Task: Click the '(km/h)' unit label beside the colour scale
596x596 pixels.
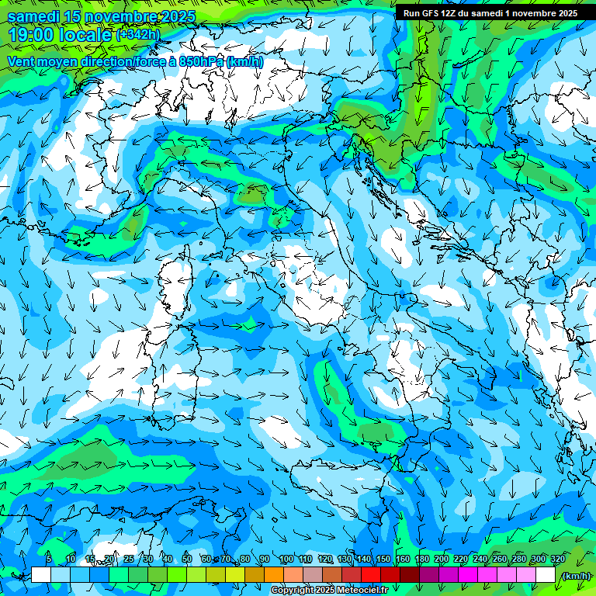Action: [x=575, y=575]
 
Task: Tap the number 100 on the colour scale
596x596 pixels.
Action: [x=286, y=559]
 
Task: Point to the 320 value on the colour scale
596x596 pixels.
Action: [x=558, y=559]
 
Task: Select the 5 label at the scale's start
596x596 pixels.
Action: [x=49, y=559]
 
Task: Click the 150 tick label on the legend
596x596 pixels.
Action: [x=383, y=559]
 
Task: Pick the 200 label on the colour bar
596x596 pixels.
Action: [x=442, y=559]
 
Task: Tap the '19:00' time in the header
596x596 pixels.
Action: [x=31, y=35]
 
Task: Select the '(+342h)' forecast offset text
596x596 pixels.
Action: [x=138, y=35]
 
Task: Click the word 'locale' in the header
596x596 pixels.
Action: [x=86, y=35]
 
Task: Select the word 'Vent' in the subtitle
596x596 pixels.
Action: [x=22, y=61]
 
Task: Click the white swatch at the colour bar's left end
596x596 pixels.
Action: [x=41, y=575]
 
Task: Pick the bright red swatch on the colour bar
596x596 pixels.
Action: [x=371, y=575]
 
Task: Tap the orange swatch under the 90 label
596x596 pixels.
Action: [x=274, y=575]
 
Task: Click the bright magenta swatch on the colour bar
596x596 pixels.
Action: [x=468, y=575]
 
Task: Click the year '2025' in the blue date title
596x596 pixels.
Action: [x=174, y=16]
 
